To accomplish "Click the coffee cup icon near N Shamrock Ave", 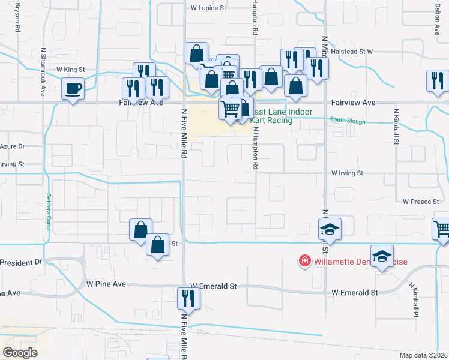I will click(x=73, y=89).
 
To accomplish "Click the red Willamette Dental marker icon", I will click(x=305, y=261).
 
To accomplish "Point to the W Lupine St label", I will click(x=208, y=8).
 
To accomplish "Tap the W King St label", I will click(x=70, y=70).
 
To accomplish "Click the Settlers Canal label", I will click(x=49, y=205).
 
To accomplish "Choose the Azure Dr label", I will click(x=12, y=146).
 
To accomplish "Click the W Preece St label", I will click(x=421, y=202).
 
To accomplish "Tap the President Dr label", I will click(x=22, y=262).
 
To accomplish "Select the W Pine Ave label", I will click(x=106, y=283).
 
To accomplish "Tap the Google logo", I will click(x=20, y=352).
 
